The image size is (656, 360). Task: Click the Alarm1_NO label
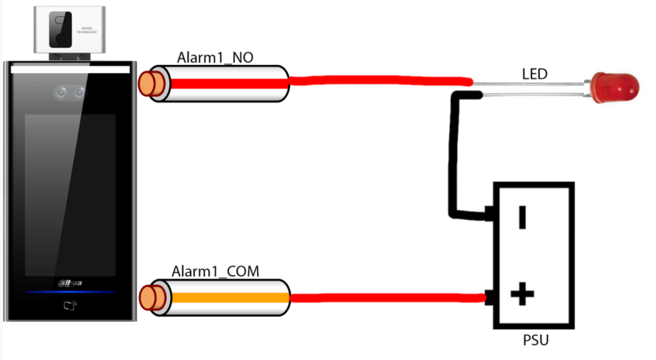(215, 58)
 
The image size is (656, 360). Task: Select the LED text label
(534, 74)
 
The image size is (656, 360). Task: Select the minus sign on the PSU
(522, 217)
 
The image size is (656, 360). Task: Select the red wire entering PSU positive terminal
(387, 299)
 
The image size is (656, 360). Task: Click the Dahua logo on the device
(70, 283)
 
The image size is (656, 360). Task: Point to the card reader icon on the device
(70, 306)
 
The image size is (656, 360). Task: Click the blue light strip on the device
(70, 292)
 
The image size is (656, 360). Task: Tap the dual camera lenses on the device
(69, 93)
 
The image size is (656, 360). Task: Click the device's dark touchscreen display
(70, 194)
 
